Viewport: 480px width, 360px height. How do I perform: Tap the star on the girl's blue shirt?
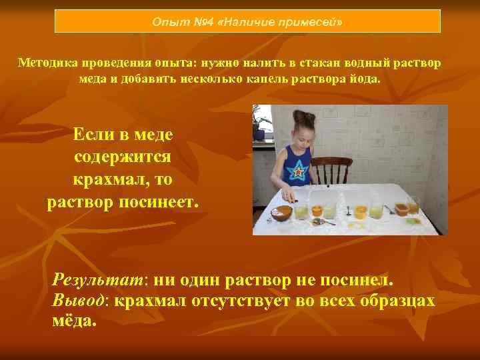[x=299, y=172]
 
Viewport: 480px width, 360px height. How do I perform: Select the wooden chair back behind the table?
[x=331, y=169]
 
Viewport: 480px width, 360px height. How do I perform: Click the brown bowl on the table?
[x=282, y=213]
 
